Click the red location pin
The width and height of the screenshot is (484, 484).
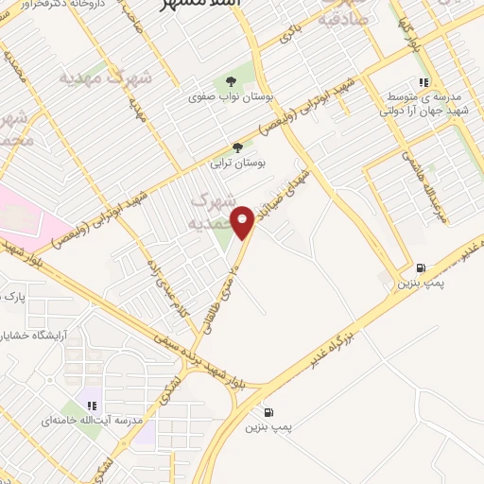click(245, 221)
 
